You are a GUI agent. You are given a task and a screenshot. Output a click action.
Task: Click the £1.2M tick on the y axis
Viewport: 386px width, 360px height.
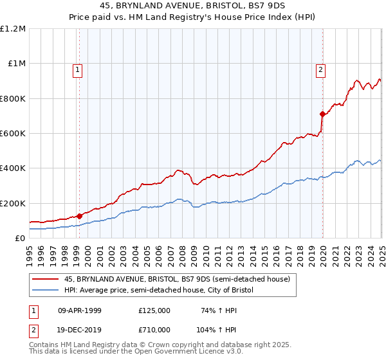[x=14, y=29]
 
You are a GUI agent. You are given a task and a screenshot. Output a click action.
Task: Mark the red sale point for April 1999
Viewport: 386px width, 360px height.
[x=79, y=217]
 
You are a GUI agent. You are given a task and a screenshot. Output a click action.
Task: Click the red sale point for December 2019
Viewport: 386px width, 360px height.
[x=322, y=114]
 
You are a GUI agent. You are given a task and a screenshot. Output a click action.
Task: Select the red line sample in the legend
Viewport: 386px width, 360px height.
[x=46, y=279]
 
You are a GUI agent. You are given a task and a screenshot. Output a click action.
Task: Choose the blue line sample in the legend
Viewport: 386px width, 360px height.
[x=46, y=290]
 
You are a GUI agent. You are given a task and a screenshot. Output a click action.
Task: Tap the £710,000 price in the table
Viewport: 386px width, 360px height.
[x=154, y=329]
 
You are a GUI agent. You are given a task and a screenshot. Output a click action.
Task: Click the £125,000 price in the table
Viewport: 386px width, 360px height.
[x=154, y=310]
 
